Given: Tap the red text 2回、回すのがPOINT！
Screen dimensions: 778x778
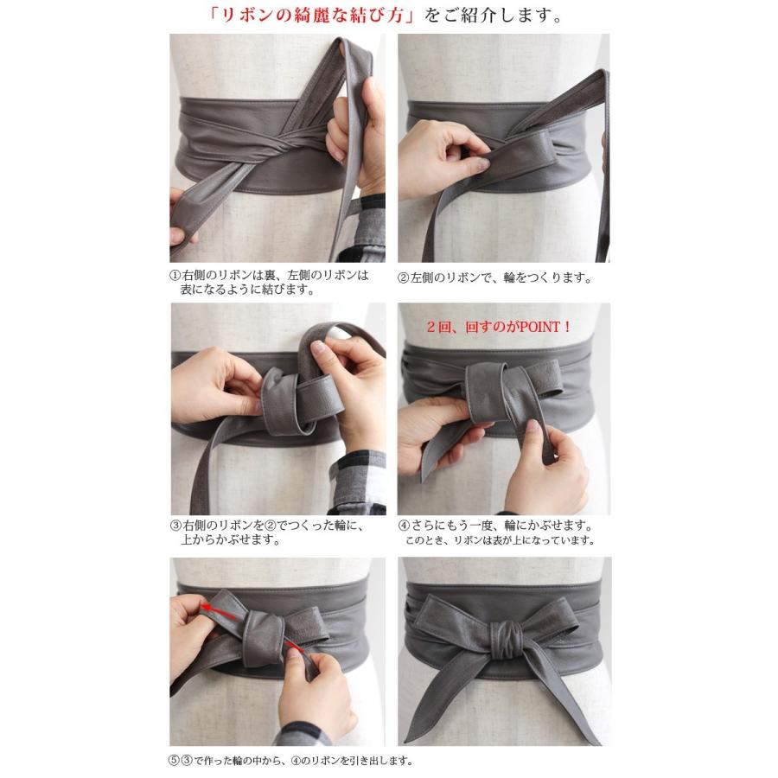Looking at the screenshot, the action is pyautogui.click(x=499, y=327).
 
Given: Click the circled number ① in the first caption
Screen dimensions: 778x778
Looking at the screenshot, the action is pyautogui.click(x=174, y=276).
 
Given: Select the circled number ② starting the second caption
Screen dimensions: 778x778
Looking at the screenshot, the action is pyautogui.click(x=403, y=277).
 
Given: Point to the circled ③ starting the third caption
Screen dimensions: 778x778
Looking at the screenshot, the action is pyautogui.click(x=175, y=526).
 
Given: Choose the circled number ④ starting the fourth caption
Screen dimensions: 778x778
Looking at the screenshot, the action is pyautogui.click(x=404, y=526).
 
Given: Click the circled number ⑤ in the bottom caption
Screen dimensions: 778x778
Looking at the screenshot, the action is pyautogui.click(x=173, y=760).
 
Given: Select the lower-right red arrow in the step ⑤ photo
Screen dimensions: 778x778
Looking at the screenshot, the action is pyautogui.click(x=295, y=645).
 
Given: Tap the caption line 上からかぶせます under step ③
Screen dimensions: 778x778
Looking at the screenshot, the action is pyautogui.click(x=230, y=539).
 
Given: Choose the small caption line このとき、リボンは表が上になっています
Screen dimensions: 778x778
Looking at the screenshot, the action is pyautogui.click(x=501, y=540).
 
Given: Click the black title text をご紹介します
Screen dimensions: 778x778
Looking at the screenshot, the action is pyautogui.click(x=494, y=16).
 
